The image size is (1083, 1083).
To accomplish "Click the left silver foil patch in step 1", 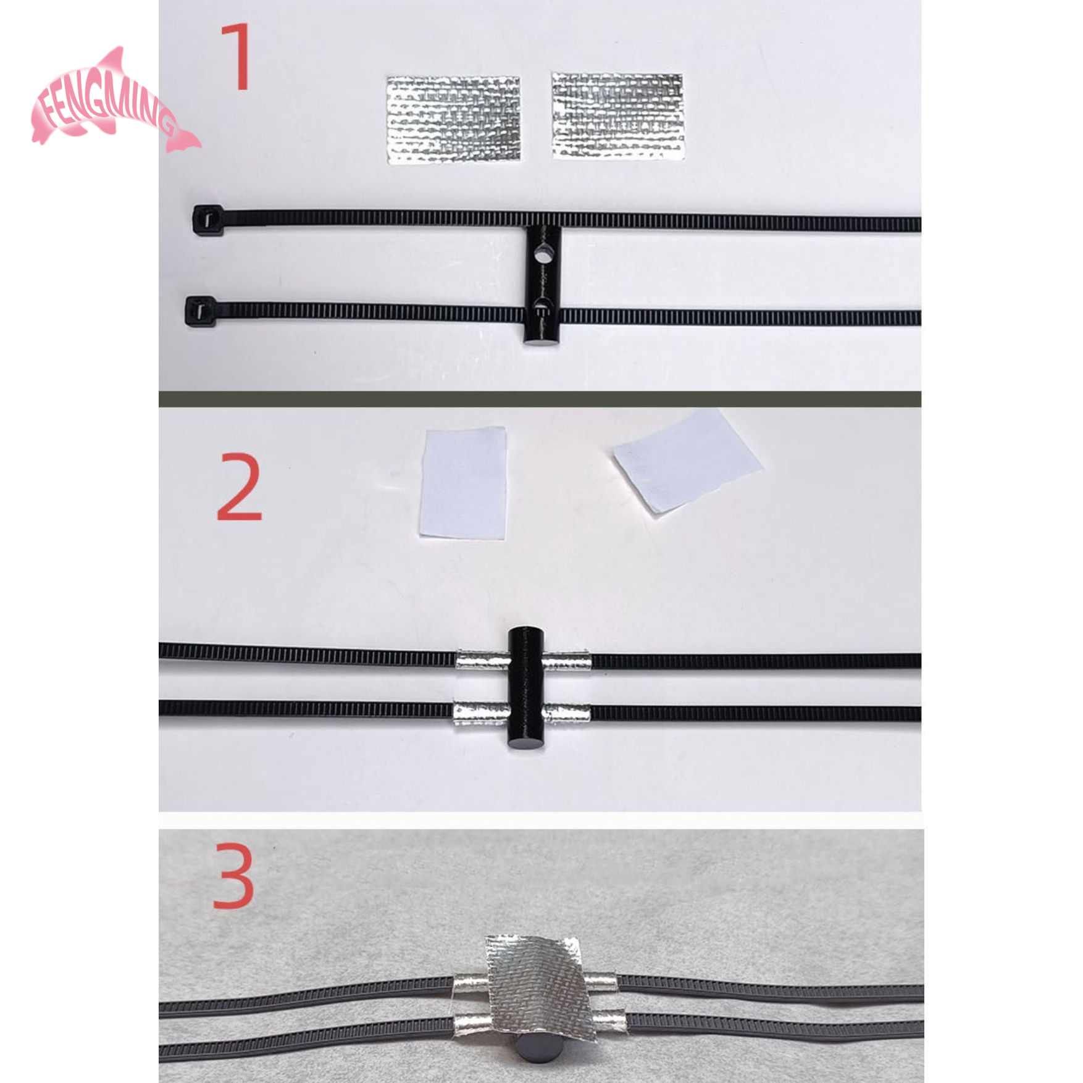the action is click(453, 120).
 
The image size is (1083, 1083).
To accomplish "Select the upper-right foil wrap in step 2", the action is click(567, 662).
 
